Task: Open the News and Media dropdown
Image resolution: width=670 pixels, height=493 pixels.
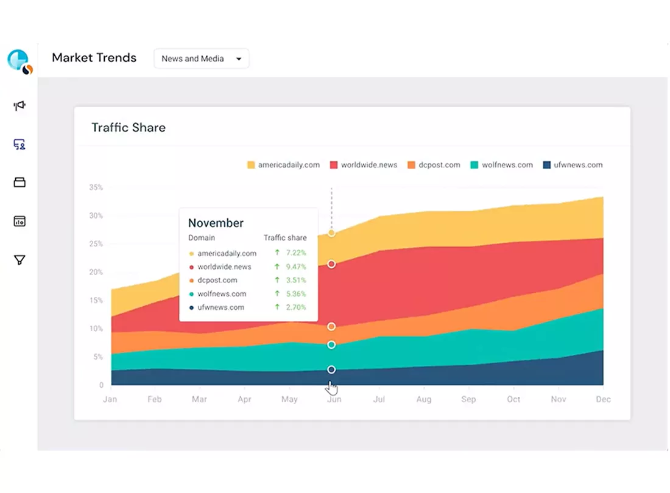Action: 201,58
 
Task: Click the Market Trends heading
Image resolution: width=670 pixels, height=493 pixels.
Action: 94,58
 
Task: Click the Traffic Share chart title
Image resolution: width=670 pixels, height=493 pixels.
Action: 128,128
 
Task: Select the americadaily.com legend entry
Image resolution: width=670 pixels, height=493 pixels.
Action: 283,165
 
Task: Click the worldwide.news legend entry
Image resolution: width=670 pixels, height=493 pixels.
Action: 364,165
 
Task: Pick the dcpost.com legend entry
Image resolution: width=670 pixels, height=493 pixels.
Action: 434,165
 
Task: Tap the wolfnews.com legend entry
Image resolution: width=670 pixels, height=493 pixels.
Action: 502,165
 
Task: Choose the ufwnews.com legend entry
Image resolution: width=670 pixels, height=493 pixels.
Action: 573,165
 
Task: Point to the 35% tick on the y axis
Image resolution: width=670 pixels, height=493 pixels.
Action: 96,187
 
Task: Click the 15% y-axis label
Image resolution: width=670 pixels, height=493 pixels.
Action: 96,301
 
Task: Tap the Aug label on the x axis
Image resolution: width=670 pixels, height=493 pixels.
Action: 424,399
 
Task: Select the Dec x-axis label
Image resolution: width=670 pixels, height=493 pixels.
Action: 604,399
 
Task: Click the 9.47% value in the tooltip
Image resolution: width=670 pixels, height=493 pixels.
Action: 296,267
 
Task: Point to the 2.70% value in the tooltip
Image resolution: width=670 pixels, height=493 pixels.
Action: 296,307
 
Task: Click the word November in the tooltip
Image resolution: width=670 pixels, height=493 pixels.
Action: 216,223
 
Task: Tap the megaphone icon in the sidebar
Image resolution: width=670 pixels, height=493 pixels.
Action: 19,105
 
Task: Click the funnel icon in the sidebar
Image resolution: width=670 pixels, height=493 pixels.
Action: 19,260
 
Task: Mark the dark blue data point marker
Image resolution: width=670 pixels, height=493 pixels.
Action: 331,369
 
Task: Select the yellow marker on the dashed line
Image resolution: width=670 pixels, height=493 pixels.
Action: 331,233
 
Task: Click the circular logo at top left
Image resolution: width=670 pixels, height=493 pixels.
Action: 19,61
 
